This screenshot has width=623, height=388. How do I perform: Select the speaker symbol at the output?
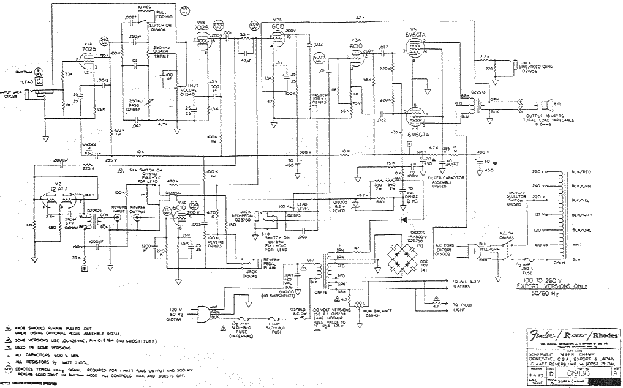[551, 103]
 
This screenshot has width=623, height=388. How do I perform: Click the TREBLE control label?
[162, 56]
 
